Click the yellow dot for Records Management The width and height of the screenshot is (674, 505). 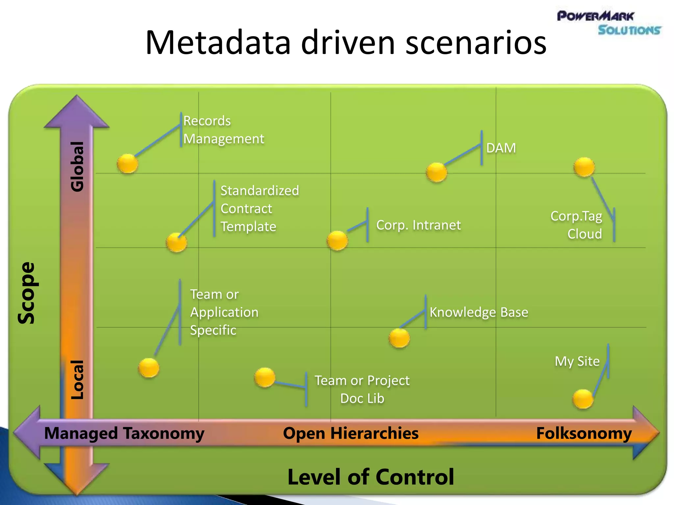127,163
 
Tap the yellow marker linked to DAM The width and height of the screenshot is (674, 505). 436,172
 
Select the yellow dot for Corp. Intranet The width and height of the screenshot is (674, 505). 337,240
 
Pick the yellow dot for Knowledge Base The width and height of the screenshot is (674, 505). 399,338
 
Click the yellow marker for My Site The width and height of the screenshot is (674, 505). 583,399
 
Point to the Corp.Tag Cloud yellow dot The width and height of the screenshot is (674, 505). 584,167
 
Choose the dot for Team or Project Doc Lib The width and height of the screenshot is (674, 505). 265,377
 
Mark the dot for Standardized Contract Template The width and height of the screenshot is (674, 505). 176,242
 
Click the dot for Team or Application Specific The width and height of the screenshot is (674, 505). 149,368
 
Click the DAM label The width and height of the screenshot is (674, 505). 501,148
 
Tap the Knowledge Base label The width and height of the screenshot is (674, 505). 479,312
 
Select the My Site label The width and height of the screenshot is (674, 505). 577,361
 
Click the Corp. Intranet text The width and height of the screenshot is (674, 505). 418,225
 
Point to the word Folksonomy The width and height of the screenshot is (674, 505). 584,433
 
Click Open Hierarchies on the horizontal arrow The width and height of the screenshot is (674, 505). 350,433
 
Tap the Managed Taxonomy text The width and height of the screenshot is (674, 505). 124,433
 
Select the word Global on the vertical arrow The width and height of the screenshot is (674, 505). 78,166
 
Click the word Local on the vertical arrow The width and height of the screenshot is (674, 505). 78,380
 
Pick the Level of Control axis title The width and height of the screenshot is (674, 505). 371,477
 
